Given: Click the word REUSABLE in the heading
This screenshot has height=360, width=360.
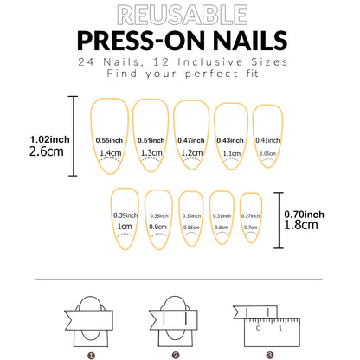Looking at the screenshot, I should (179, 15).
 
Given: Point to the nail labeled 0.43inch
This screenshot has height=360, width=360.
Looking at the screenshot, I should (231, 138).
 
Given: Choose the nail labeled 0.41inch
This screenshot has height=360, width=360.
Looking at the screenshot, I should (267, 138).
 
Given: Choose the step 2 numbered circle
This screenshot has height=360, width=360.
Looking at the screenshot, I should (175, 354).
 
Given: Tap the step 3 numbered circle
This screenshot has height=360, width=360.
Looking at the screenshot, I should (269, 354).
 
